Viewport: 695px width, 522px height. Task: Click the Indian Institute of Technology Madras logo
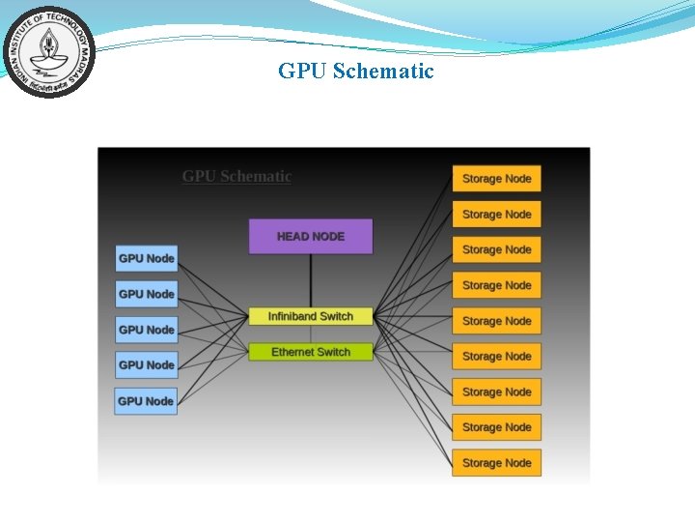point(49,51)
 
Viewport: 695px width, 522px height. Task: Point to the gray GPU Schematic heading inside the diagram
point(236,176)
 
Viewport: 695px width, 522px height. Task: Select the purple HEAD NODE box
point(311,236)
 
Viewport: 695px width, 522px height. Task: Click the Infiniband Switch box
point(311,316)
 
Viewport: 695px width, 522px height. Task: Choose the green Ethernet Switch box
point(311,352)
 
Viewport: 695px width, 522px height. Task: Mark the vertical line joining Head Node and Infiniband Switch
point(311,281)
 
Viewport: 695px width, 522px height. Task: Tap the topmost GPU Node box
point(147,258)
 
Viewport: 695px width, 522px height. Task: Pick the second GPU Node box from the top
point(147,294)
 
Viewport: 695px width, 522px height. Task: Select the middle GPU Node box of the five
point(147,330)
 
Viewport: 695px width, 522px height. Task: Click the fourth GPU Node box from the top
point(147,364)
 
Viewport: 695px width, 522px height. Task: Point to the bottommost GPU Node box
point(147,400)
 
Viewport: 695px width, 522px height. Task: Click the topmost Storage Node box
point(496,179)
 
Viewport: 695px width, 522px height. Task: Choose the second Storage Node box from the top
point(496,214)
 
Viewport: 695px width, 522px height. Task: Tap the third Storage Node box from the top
point(496,249)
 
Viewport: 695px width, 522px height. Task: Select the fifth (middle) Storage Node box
point(496,321)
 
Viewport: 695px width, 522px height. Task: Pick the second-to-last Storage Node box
point(496,427)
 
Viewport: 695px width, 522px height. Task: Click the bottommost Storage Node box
point(496,463)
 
